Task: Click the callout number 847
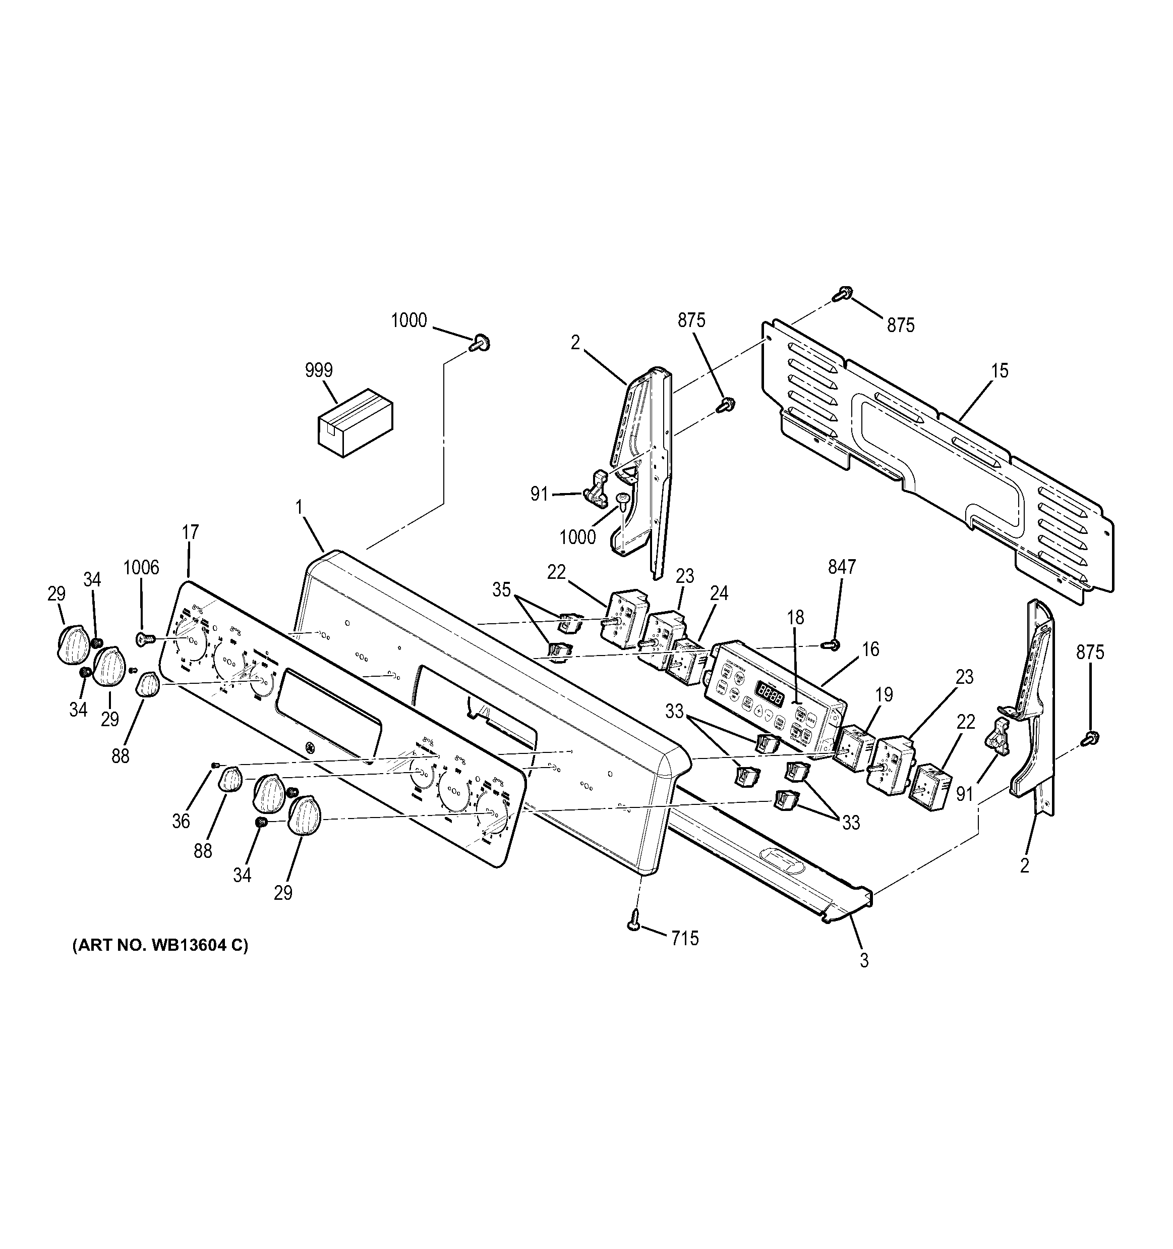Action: [x=842, y=567]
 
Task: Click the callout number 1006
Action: [x=141, y=567]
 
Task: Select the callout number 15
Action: [x=999, y=371]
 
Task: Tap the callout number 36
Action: [x=181, y=821]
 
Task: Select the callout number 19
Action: [x=884, y=695]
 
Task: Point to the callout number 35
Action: [x=501, y=590]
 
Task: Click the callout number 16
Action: [x=870, y=649]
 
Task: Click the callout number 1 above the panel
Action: [x=300, y=506]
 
